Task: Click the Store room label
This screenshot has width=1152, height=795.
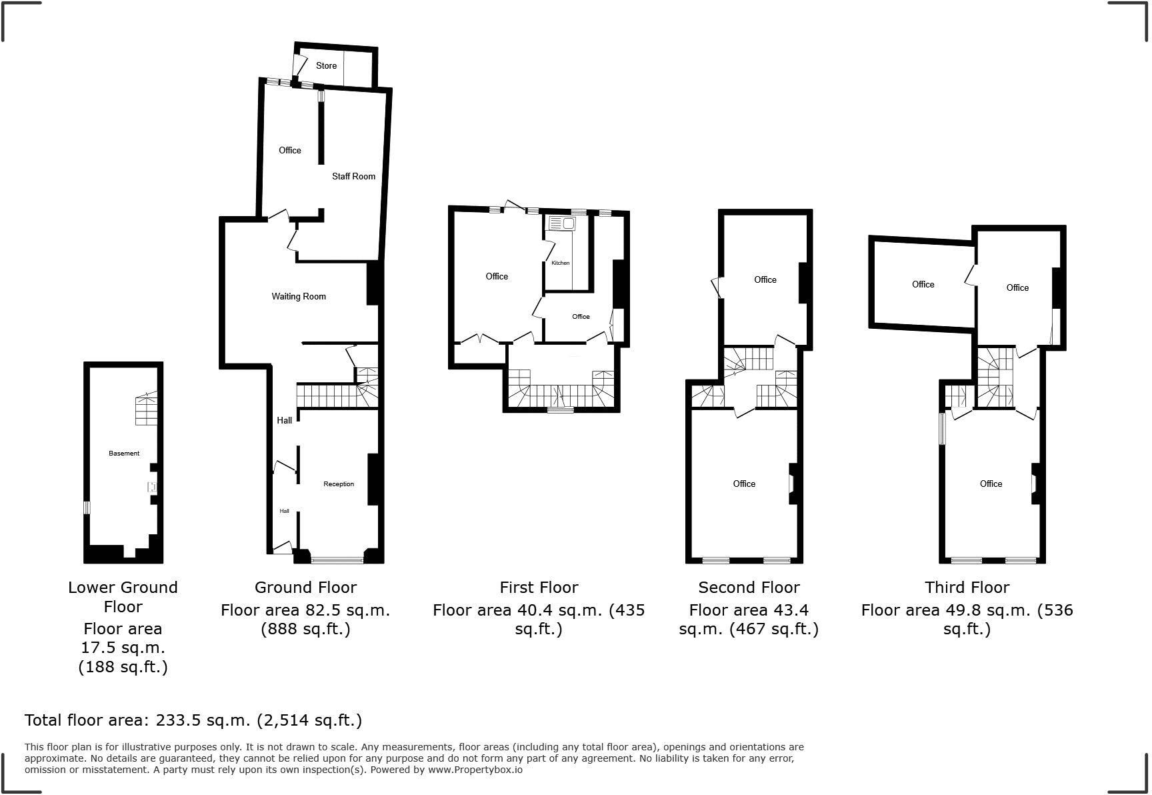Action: (x=326, y=65)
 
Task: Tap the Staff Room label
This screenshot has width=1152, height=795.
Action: (x=353, y=176)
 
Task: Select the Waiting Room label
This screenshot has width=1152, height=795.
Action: (x=298, y=296)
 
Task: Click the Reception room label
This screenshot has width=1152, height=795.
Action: (x=338, y=484)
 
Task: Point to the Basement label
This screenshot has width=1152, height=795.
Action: (x=124, y=453)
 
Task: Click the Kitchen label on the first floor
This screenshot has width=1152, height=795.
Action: (x=560, y=263)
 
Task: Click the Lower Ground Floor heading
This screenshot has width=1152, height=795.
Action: (x=123, y=596)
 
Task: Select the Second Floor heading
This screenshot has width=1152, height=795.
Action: (x=749, y=587)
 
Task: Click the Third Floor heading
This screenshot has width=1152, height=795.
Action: (x=967, y=587)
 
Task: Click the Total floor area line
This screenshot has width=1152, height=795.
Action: (x=193, y=720)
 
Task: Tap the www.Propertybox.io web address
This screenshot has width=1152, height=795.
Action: (x=475, y=769)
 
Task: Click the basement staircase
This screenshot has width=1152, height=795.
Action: (x=147, y=410)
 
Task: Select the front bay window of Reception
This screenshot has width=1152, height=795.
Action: (x=337, y=559)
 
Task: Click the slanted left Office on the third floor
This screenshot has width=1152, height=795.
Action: (x=923, y=284)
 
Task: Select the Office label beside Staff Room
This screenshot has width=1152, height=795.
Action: (x=289, y=150)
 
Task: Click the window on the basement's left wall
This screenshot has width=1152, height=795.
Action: (x=87, y=508)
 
